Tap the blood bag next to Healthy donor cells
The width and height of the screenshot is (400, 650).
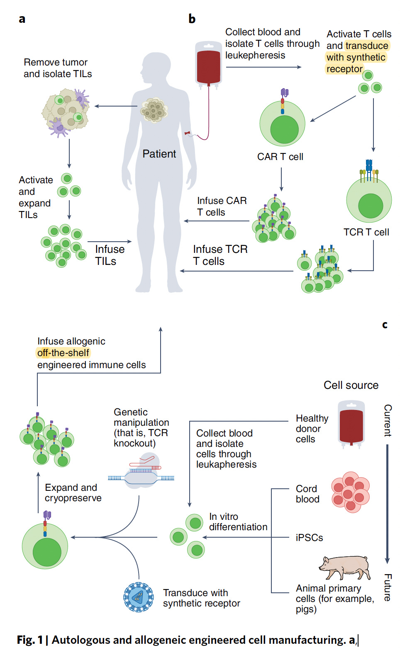pyautogui.click(x=351, y=424)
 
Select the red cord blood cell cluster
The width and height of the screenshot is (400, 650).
pyautogui.click(x=350, y=492)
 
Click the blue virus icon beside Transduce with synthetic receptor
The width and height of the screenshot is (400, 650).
pyautogui.click(x=138, y=597)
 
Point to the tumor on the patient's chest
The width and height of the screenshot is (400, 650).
pyautogui.click(x=154, y=110)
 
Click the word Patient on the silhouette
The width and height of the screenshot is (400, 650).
pyautogui.click(x=159, y=154)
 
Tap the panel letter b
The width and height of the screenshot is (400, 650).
pyautogui.click(x=192, y=19)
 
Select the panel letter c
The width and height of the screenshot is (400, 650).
pyautogui.click(x=385, y=325)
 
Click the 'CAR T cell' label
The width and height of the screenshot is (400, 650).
pyautogui.click(x=280, y=157)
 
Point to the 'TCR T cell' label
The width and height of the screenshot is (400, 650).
pyautogui.click(x=366, y=232)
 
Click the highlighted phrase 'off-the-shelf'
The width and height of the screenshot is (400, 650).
pyautogui.click(x=63, y=353)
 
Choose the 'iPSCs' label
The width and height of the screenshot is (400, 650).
pyautogui.click(x=309, y=538)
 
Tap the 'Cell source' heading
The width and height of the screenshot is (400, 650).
pyautogui.click(x=351, y=385)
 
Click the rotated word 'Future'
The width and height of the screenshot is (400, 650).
pyautogui.click(x=388, y=587)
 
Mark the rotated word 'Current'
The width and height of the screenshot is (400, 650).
pyautogui.click(x=388, y=420)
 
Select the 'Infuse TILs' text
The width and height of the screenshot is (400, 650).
pyautogui.click(x=109, y=255)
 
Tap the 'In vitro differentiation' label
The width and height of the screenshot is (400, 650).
pyautogui.click(x=238, y=521)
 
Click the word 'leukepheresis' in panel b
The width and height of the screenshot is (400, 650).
pyautogui.click(x=255, y=55)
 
